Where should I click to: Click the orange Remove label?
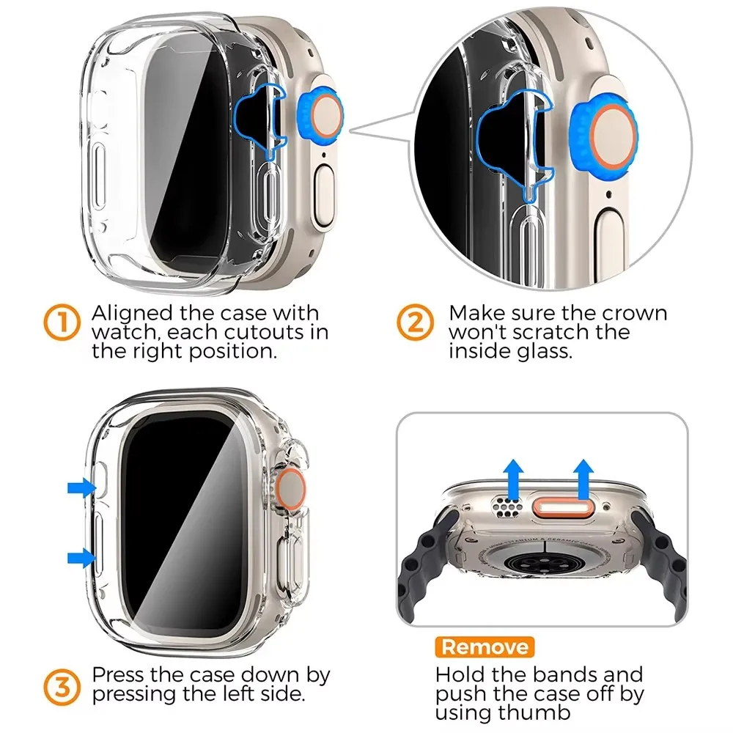coord(485,647)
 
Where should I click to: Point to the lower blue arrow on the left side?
coord(82,559)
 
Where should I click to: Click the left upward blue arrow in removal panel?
coord(515,474)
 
